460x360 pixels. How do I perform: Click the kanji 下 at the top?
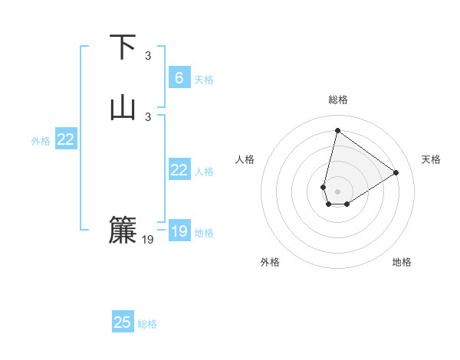coord(123,47)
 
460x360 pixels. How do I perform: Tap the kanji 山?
coord(123,107)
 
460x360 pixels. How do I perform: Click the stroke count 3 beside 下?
coord(148,55)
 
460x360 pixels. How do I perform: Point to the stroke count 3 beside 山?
coord(148,116)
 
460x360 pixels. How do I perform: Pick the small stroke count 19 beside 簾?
coord(148,240)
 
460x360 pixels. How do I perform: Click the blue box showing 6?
coord(179,77)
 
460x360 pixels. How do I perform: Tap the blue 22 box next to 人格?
coord(179,170)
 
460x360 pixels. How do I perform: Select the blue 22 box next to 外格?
coord(66,139)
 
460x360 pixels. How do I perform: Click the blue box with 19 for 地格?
coord(179,231)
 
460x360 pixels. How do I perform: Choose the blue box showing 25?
coord(123,322)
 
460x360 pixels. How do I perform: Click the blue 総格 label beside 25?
coord(147,324)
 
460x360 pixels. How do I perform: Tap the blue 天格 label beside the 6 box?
coord(204,79)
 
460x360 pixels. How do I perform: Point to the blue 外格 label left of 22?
coord(41,141)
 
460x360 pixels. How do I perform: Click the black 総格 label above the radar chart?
coord(338,100)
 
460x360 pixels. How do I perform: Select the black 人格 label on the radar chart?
coord(245,159)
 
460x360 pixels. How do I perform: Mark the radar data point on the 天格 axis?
coord(396,172)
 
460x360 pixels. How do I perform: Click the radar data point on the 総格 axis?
coord(337,129)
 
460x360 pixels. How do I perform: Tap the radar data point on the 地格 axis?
coord(347,204)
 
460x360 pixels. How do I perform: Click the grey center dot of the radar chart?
coord(338,191)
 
